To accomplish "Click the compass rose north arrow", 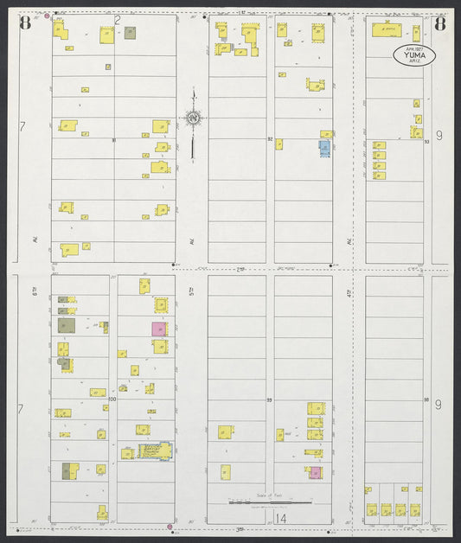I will (x=192, y=119).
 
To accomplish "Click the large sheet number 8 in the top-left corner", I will (x=24, y=23).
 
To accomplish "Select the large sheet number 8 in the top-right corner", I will (x=439, y=23).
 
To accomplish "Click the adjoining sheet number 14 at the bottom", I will (x=280, y=518).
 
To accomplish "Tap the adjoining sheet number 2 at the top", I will (x=116, y=17).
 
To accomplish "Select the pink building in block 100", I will (x=159, y=329).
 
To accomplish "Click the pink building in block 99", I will (x=316, y=472).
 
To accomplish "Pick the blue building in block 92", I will (x=323, y=148).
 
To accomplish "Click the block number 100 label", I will (x=112, y=399).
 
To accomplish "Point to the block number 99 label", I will (x=270, y=399).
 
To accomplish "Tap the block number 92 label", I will (x=270, y=138).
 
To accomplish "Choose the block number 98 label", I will (x=426, y=399).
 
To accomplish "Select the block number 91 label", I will (x=113, y=138).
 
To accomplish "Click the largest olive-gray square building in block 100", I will (x=67, y=325).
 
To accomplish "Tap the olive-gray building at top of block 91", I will (x=130, y=33).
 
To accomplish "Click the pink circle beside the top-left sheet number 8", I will (x=46, y=15).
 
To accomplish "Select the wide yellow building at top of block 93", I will (x=387, y=30).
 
